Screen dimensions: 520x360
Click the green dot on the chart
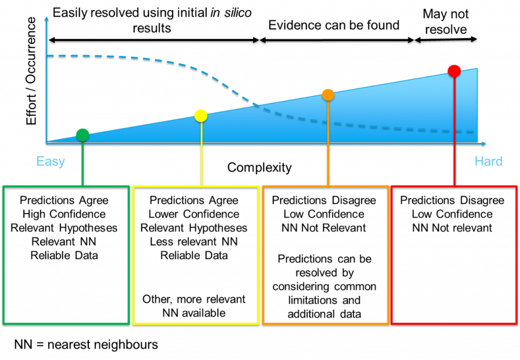coord(83,135)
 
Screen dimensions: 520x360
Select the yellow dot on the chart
coord(201,116)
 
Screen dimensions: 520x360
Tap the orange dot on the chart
coord(328,95)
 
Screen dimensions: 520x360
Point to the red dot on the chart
coord(454,71)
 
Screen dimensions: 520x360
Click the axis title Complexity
coord(259,168)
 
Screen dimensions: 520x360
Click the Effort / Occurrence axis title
coord(31,71)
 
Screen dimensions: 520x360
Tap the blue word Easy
coord(50,161)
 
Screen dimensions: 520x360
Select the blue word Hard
coord(489,161)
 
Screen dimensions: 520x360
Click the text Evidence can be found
coord(334,25)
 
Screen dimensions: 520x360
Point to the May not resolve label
coord(446,21)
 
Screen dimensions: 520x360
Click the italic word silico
coord(238,13)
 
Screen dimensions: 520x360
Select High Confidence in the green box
coord(64,214)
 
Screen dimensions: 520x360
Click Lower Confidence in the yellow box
coord(194,214)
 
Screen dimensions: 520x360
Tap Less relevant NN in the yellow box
coord(194,242)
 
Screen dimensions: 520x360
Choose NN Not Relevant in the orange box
coord(324,228)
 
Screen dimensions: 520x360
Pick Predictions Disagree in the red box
coord(452,200)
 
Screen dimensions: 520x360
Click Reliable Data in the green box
coord(64,255)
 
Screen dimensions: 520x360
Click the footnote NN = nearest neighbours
coord(86,345)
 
